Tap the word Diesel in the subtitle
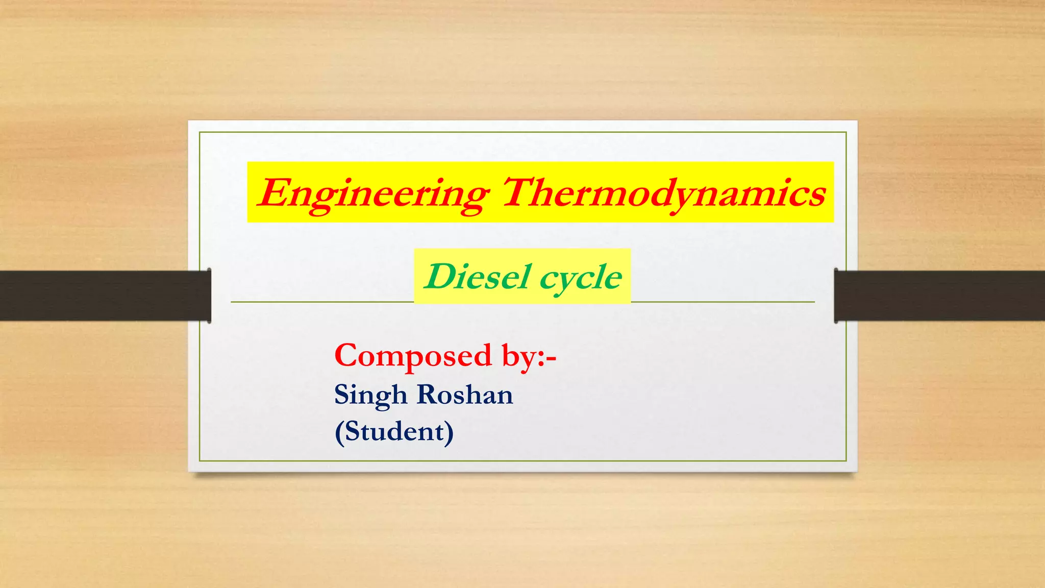click(477, 277)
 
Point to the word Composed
click(413, 356)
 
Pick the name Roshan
click(465, 395)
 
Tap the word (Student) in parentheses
click(394, 432)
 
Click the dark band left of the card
click(102, 296)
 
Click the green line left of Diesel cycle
click(321, 302)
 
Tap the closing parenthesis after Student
click(449, 433)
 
